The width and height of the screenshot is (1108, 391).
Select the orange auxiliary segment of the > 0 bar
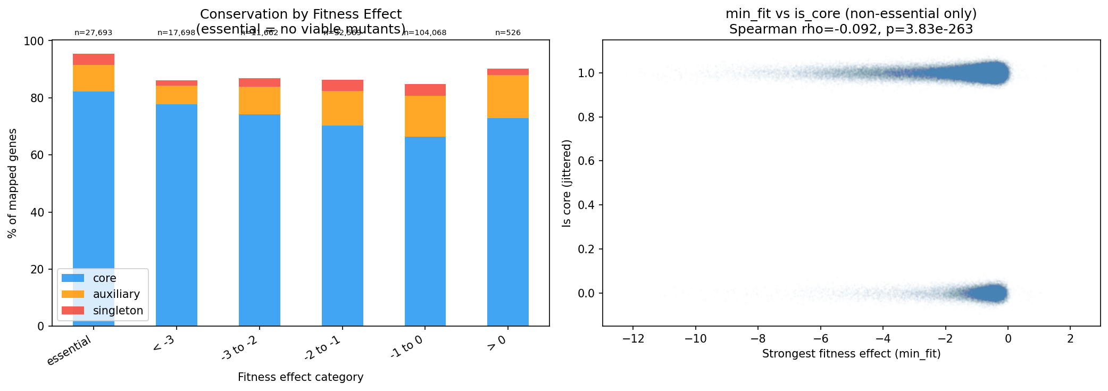[507, 96]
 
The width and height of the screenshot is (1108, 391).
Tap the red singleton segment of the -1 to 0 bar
[424, 90]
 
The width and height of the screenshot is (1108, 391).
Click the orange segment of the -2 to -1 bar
[342, 108]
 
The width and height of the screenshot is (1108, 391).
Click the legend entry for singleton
[118, 311]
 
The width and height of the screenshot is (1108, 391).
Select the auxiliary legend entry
[116, 294]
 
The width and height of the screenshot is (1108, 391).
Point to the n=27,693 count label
[93, 32]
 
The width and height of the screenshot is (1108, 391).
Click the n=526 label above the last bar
[507, 32]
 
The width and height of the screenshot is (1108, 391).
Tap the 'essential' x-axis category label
[70, 351]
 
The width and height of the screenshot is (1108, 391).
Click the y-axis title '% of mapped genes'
[12, 183]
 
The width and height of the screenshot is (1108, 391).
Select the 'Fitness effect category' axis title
[301, 377]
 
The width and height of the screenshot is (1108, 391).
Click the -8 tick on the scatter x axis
[758, 339]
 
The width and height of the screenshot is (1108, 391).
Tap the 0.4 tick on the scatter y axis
[587, 205]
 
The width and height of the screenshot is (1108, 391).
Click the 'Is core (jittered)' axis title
[567, 183]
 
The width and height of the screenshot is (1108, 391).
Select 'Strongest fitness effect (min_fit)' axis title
[851, 354]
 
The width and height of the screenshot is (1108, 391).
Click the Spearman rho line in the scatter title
[851, 29]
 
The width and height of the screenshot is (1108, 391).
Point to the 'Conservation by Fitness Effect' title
[301, 14]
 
